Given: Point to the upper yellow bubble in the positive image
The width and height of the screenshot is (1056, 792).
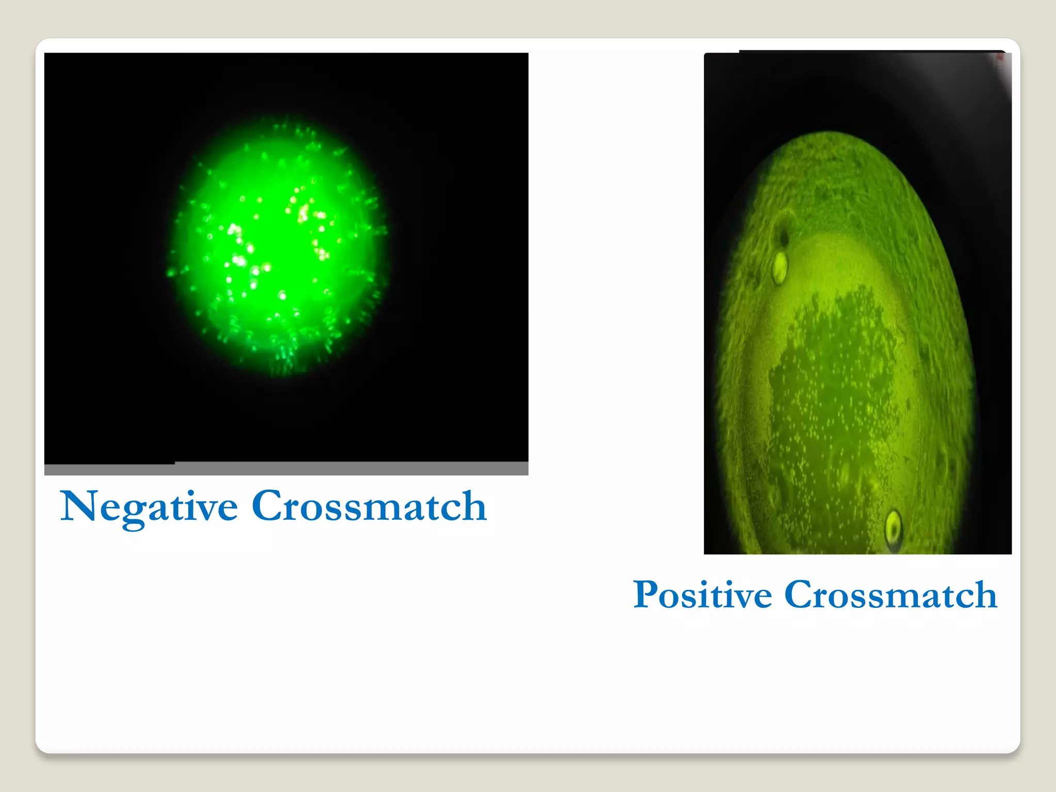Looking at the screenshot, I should tap(779, 266).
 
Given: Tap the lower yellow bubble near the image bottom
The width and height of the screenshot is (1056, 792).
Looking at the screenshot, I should tap(893, 527).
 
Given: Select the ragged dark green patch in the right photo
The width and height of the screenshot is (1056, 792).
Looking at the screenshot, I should tap(830, 392).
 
